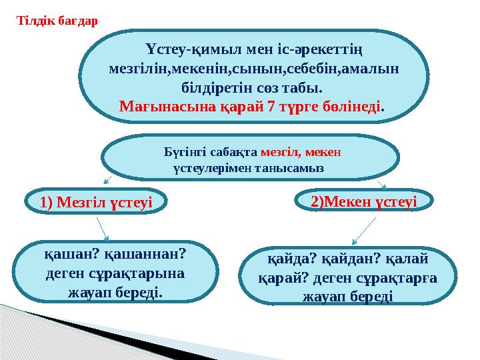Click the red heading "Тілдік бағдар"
(x=57, y=20)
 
